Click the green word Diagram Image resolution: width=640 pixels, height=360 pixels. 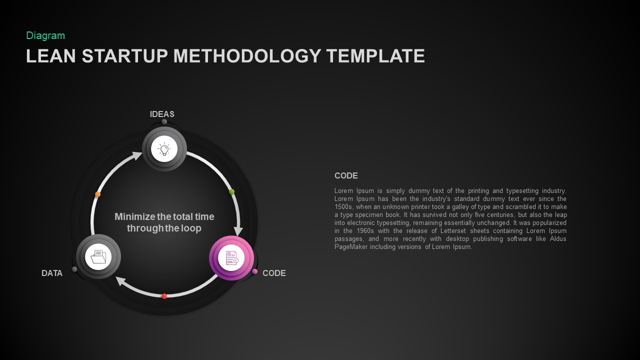[x=45, y=35]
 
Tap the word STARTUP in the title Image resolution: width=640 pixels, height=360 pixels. [x=125, y=56]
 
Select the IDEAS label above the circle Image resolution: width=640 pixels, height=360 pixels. [x=162, y=114]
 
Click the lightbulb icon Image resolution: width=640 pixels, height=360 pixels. [x=164, y=149]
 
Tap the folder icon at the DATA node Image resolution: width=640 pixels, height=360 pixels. [x=98, y=257]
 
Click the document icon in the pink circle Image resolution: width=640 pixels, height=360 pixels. [x=231, y=258]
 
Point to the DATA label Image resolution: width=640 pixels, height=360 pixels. [x=52, y=273]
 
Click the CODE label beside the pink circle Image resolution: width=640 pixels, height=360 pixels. [x=274, y=273]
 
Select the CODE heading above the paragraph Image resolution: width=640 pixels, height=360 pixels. [x=346, y=175]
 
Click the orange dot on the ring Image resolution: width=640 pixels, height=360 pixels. [x=98, y=194]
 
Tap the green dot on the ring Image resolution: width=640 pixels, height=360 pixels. [x=231, y=191]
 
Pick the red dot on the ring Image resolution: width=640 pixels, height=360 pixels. [x=164, y=296]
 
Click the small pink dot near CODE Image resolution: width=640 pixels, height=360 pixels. [x=255, y=271]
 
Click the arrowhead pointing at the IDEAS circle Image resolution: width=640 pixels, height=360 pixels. [x=136, y=157]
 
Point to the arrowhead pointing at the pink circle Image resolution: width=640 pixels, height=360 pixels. [x=238, y=230]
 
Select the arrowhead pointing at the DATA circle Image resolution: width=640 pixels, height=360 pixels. [x=121, y=282]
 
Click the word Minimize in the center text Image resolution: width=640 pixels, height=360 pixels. [x=134, y=216]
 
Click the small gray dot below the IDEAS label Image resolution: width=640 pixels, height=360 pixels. [x=164, y=122]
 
